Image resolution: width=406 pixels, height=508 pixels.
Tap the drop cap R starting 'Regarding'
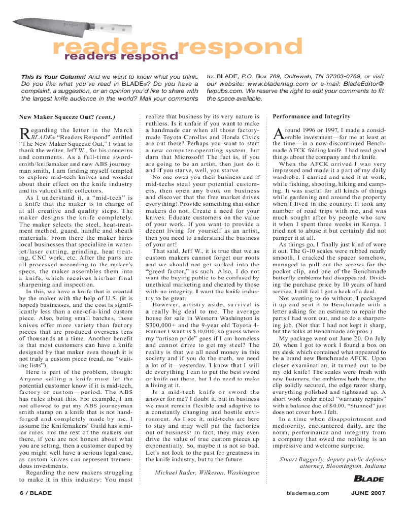click(x=24, y=134)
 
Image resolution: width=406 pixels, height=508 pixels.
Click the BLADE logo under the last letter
click(x=368, y=479)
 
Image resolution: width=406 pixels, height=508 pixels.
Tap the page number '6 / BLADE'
click(x=36, y=493)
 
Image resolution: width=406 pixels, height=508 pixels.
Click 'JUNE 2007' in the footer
click(x=369, y=493)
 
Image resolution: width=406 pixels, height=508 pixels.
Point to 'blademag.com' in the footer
click(x=308, y=493)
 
